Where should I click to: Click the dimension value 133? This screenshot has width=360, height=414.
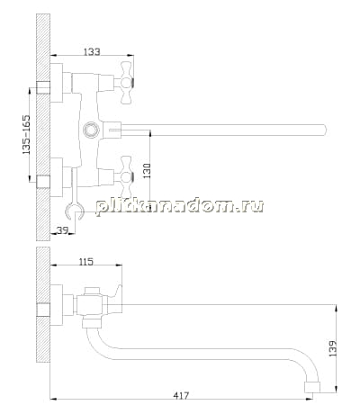(x=92, y=51)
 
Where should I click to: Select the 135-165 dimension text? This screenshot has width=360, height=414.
(x=26, y=135)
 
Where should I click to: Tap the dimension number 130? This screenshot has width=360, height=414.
(x=147, y=171)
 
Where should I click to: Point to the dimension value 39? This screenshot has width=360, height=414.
(x=62, y=230)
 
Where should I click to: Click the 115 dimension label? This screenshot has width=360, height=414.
(x=86, y=262)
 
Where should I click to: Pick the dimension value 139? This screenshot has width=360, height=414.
(x=333, y=348)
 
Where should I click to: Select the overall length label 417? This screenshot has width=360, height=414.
(x=181, y=395)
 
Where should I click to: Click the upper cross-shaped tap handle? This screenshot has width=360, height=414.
(x=126, y=83)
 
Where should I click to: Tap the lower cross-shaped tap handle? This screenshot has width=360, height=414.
(x=126, y=177)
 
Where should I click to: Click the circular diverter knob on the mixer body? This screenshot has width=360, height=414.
(x=91, y=130)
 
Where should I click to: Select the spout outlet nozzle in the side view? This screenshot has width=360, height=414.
(x=312, y=387)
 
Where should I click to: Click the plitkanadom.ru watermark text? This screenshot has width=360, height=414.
(x=180, y=207)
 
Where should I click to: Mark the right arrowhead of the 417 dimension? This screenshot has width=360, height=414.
(x=310, y=399)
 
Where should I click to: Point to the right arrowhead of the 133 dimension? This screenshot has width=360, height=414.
(x=130, y=55)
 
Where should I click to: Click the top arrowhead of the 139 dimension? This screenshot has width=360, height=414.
(x=336, y=309)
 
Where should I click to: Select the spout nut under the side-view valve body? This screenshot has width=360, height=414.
(x=91, y=323)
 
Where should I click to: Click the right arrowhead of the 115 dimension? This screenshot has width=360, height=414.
(x=119, y=265)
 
